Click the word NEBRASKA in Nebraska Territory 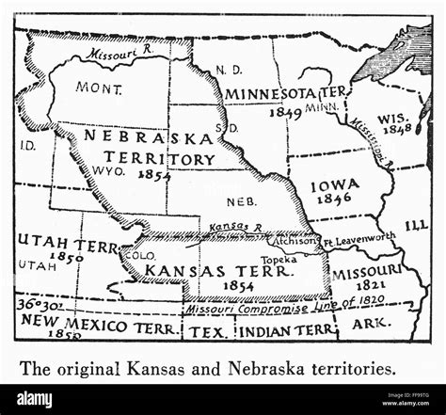pyautogui.click(x=138, y=136)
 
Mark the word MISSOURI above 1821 pyautogui.click(x=365, y=270)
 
